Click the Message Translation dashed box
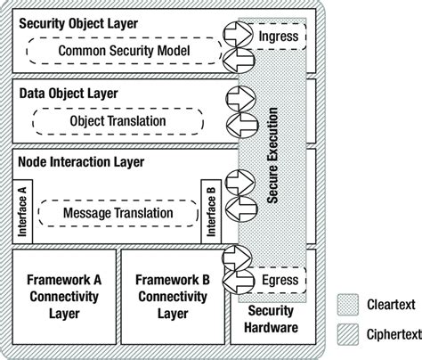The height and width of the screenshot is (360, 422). [118, 214]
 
